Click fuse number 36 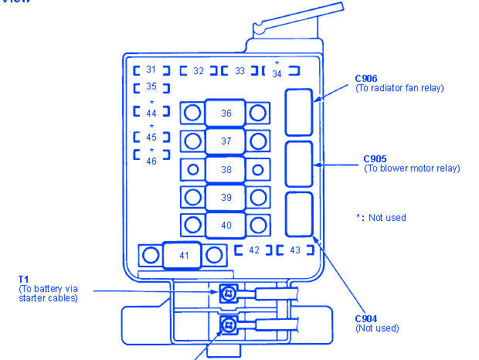point(226,114)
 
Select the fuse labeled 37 point(226,141)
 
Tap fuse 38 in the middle point(226,169)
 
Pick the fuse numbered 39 point(226,197)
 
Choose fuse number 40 point(226,225)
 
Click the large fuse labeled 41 point(183,255)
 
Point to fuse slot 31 point(151,70)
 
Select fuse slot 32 point(199,71)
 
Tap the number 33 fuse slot point(239,71)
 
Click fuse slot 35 point(151,87)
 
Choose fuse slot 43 point(295,250)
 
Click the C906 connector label point(366,78)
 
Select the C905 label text point(375,159)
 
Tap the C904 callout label point(366,318)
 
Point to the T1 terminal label point(24,280)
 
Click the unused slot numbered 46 point(151,161)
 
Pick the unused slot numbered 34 point(276,72)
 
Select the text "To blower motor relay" point(412,168)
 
